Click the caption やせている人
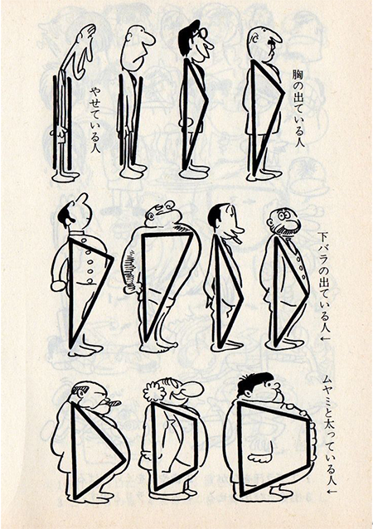point(94,120)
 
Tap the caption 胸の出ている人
point(298,108)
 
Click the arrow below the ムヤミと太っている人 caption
point(332,491)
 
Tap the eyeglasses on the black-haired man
point(202,33)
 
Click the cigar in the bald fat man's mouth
point(114,402)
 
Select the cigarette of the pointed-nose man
point(236,240)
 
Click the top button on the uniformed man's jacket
point(88,253)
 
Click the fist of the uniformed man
point(58,285)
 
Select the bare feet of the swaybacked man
point(158,347)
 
